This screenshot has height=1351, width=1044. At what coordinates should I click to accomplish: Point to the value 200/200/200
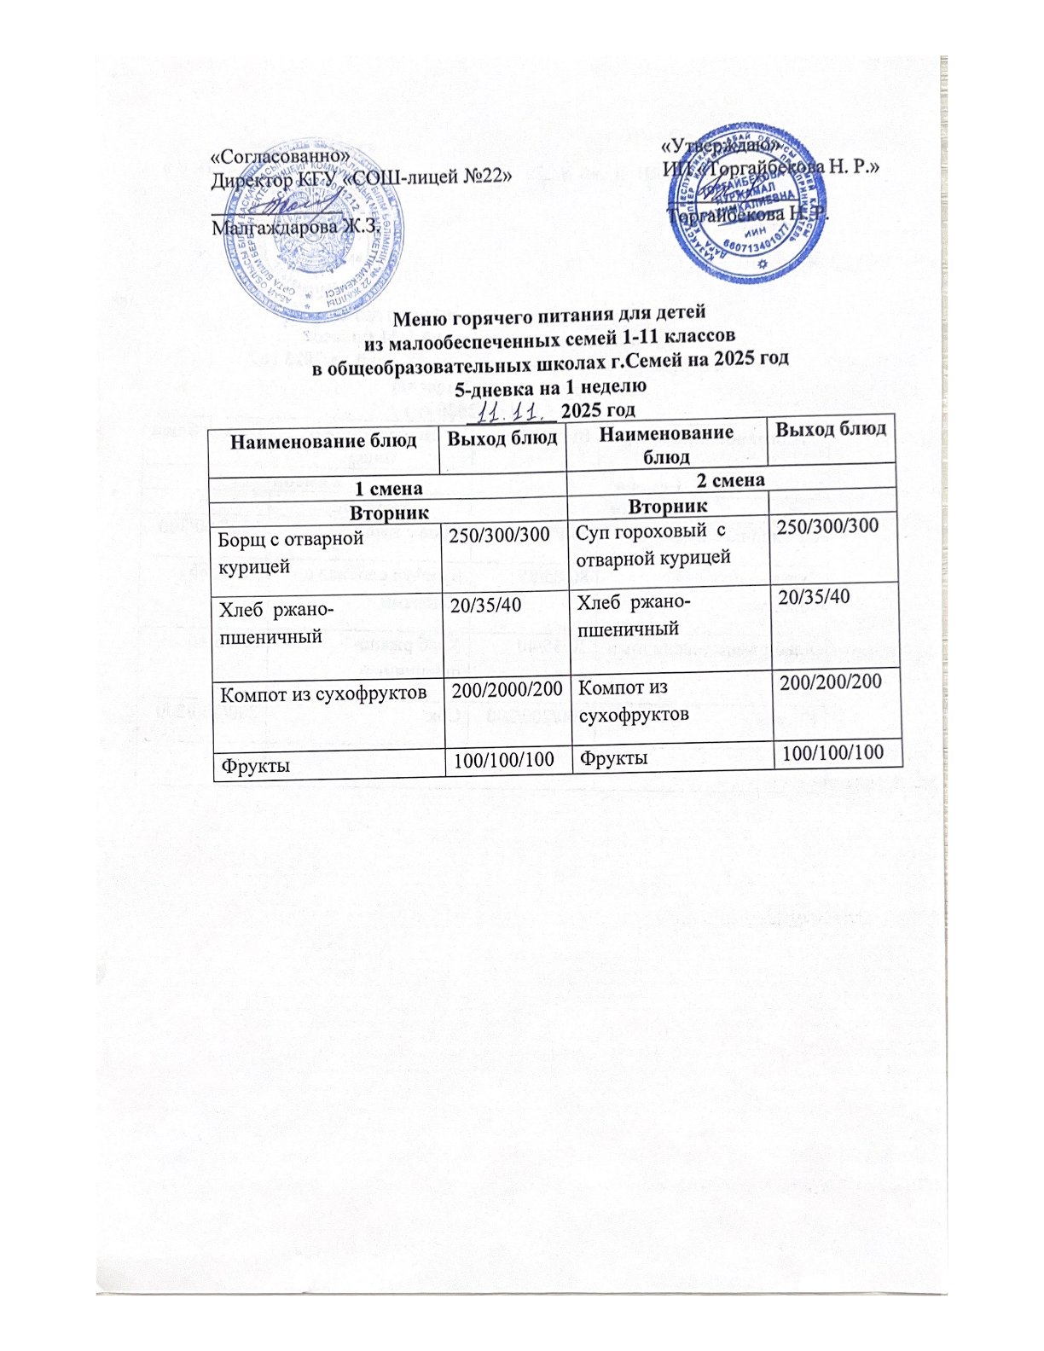point(825,680)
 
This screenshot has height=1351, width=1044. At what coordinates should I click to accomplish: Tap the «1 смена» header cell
point(387,490)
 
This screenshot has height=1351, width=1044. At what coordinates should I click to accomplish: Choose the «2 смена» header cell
point(730,479)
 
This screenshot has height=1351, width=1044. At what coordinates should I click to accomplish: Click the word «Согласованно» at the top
point(281,157)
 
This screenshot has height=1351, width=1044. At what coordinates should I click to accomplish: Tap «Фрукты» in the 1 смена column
point(254,765)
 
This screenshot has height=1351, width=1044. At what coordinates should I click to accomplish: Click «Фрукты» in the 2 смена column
point(612,757)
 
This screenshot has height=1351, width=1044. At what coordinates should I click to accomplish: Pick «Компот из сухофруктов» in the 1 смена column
point(323,693)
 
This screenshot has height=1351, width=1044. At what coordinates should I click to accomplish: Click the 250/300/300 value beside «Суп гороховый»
point(824,526)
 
